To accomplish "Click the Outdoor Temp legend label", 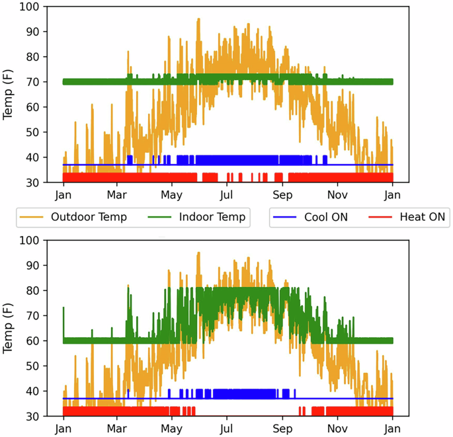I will (x=89, y=217).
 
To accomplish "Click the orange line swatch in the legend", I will (x=34, y=217).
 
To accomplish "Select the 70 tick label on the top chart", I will (x=42, y=82).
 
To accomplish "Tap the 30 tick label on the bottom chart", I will (x=42, y=417).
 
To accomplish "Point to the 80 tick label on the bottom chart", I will (x=42, y=291).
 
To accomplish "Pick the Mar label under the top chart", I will (x=118, y=195).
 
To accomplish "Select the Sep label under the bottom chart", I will (x=282, y=429).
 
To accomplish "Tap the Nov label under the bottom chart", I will (x=338, y=429).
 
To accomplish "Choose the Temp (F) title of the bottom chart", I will (x=9, y=329).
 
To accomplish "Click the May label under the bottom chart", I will (x=172, y=429).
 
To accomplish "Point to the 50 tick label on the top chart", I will (x=42, y=132).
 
